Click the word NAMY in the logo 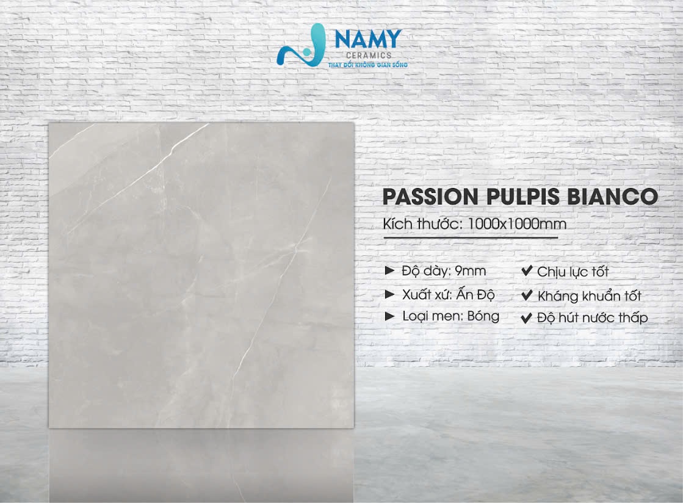(368, 38)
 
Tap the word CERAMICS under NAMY (369, 56)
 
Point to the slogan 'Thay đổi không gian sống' (368, 65)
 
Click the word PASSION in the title (430, 197)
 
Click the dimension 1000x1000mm (516, 224)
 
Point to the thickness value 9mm (470, 271)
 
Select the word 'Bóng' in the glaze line (483, 316)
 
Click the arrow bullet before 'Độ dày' (390, 271)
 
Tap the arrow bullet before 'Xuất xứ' (390, 294)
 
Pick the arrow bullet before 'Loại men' (390, 316)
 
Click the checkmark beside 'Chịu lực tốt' (527, 271)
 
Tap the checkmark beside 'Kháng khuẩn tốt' (527, 295)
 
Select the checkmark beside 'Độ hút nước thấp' (527, 317)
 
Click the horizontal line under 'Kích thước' (471, 238)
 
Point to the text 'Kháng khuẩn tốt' (590, 295)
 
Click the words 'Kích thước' (421, 224)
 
